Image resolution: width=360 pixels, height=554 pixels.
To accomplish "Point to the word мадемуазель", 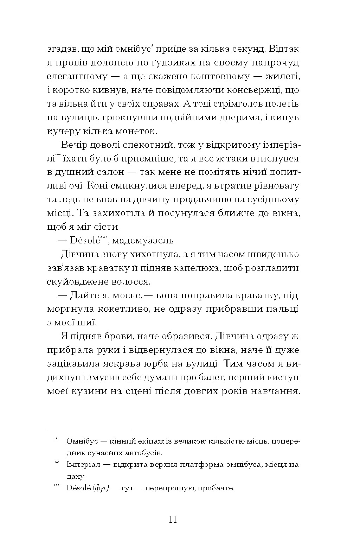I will [145, 241].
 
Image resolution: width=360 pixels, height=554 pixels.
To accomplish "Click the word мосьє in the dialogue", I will [128, 295].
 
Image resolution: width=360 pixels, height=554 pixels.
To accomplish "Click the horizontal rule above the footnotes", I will [88, 429].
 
